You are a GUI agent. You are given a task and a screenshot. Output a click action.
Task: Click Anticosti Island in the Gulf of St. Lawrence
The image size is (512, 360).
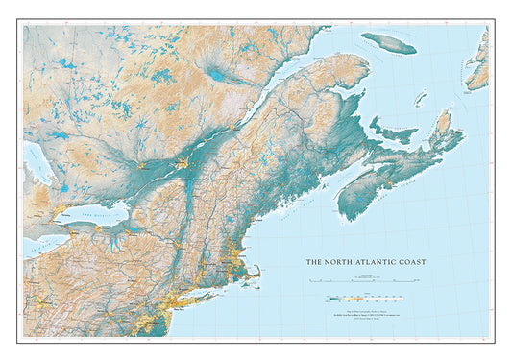(389, 43)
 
